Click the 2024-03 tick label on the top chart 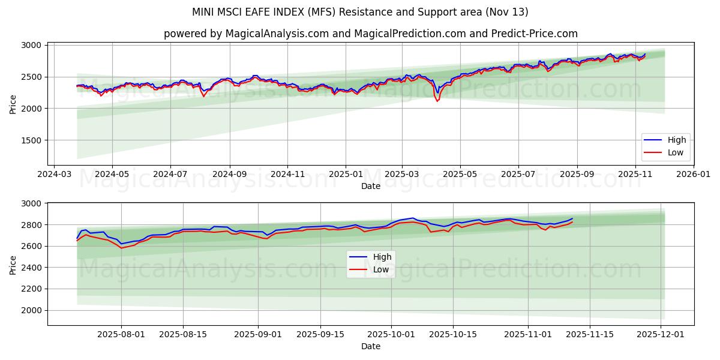(x=55, y=175)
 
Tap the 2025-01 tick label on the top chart (x=345, y=175)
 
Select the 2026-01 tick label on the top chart (x=693, y=175)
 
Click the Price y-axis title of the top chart (x=13, y=103)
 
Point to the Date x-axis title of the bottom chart (x=370, y=346)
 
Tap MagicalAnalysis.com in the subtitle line (x=277, y=34)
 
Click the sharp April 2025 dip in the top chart (x=437, y=100)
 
